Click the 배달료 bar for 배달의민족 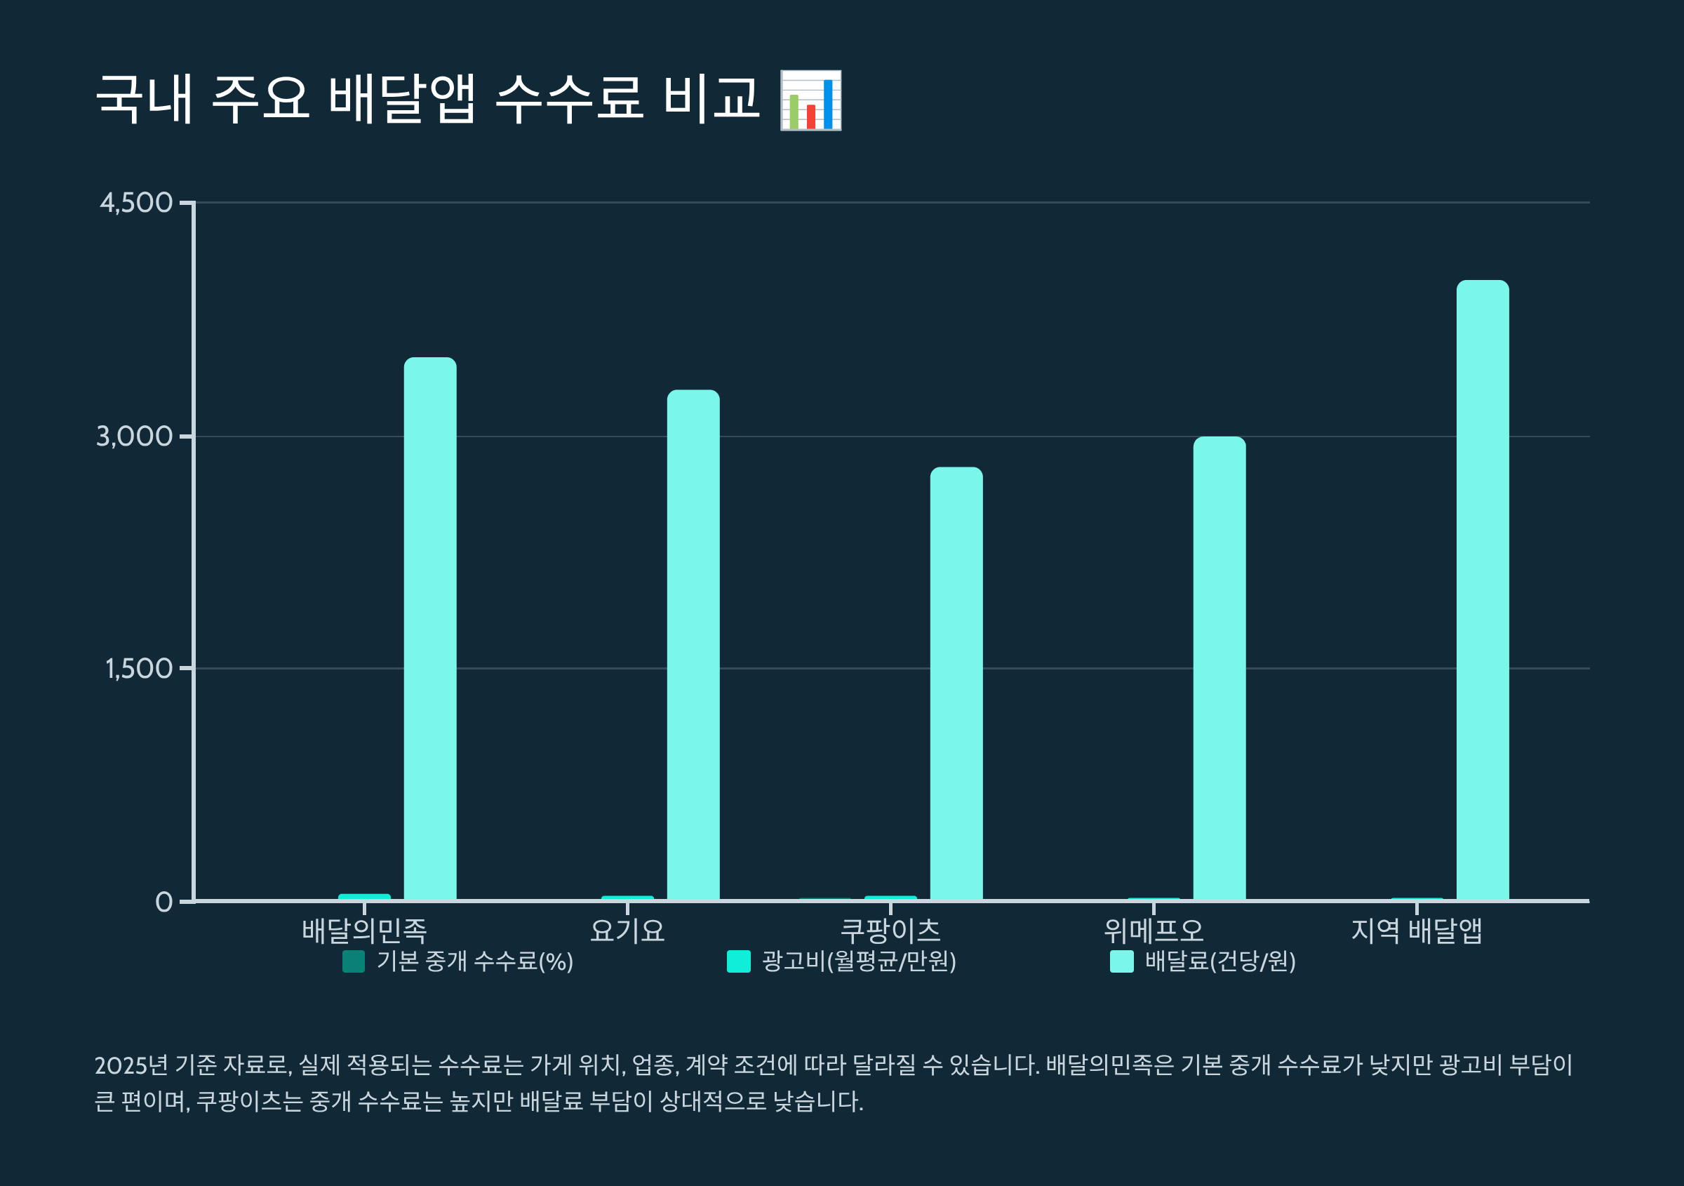pos(430,628)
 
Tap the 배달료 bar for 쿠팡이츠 pos(956,683)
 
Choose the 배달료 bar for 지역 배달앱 pos(1483,589)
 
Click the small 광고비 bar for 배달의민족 pos(365,896)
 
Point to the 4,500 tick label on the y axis pos(136,202)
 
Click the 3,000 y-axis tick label pos(134,437)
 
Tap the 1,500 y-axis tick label pos(139,668)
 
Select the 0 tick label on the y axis pos(163,901)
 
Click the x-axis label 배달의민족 pos(365,931)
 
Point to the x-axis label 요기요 pos(627,931)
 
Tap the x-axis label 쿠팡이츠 pos(890,931)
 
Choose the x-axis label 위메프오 pos(1154,931)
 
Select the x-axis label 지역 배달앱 pos(1416,931)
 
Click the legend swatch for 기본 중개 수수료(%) pos(354,961)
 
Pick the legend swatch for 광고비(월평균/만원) pos(739,961)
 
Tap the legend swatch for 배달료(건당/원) pos(1121,961)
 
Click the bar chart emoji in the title pos(810,100)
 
